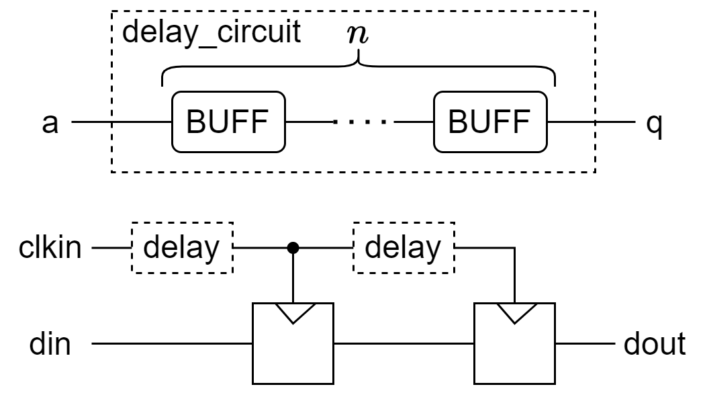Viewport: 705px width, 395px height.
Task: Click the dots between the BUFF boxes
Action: coord(360,124)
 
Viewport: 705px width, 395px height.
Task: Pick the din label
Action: coord(50,345)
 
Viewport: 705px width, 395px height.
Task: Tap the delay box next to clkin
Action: coord(182,248)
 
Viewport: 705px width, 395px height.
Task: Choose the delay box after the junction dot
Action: coord(404,248)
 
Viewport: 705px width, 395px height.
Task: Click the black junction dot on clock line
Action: coord(293,248)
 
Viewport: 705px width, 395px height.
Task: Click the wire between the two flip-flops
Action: coord(404,345)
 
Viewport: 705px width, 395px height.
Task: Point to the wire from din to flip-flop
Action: coord(171,345)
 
